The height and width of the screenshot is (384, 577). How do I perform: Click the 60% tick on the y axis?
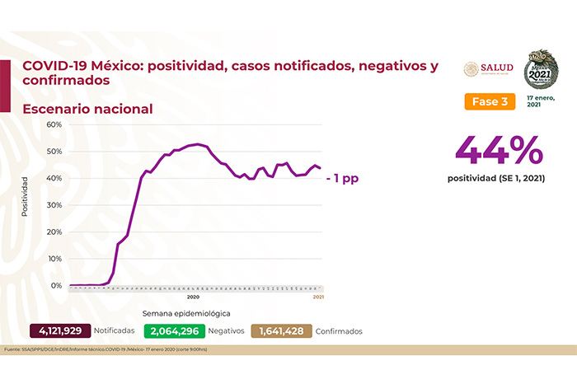54,124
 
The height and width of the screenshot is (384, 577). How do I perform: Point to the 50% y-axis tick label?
54,152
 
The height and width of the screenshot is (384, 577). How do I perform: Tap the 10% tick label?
54,259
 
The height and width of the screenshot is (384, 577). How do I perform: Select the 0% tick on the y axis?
57,285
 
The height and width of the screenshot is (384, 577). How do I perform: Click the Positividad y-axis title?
25,196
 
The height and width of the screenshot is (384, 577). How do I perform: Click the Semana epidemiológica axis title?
185,314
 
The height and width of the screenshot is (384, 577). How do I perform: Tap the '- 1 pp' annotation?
342,177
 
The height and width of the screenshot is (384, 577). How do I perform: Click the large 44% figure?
499,151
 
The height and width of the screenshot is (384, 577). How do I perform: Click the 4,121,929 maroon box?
59,331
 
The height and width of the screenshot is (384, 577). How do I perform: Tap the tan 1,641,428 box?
281,331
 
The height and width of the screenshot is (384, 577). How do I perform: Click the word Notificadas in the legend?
115,331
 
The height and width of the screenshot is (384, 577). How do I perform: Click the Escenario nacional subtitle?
87,109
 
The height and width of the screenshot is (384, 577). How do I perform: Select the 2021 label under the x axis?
317,296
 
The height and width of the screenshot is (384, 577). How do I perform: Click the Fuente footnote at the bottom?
107,349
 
